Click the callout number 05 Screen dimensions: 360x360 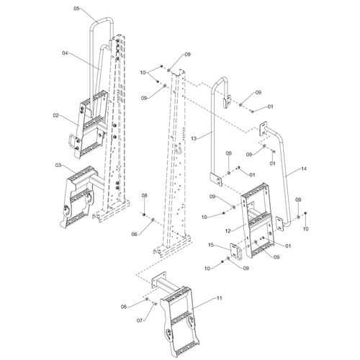pos(76,9)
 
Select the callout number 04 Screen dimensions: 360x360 pos(65,53)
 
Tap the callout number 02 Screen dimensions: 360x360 pos(55,115)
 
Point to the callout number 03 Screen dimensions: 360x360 pos(58,165)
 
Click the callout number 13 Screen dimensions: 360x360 pos(194,138)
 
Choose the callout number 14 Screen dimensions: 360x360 pos(304,169)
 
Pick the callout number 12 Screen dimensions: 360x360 pos(228,231)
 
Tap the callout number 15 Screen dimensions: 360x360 pos(211,245)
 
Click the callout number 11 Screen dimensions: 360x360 pos(220,298)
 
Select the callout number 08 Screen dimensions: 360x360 pos(144,196)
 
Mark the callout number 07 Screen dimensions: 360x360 pos(140,320)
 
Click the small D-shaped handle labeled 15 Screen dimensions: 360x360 pos(236,251)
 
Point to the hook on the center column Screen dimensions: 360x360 pos(179,150)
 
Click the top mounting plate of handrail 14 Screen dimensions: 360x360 pos(264,129)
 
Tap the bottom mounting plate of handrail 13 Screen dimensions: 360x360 pos(217,179)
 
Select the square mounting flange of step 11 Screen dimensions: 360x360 pos(159,280)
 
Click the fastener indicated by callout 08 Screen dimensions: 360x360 pos(144,215)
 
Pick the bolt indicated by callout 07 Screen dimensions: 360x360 pos(155,304)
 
